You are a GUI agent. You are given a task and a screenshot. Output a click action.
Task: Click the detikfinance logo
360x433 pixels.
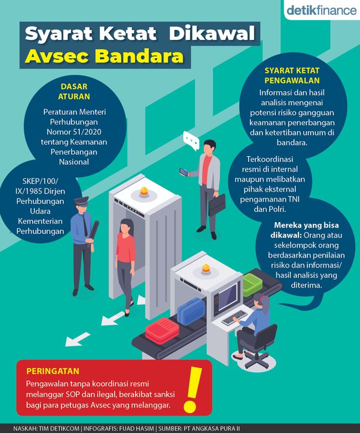point(322,11)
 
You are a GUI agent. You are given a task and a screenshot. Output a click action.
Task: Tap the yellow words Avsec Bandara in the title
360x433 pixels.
point(104,56)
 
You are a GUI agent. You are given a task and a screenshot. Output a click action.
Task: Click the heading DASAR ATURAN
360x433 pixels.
point(74,91)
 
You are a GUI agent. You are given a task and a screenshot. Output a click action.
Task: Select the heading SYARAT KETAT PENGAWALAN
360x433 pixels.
point(292,75)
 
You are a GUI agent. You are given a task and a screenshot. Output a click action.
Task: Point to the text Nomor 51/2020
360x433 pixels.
point(74,132)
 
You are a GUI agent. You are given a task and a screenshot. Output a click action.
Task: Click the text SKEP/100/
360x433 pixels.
point(40,181)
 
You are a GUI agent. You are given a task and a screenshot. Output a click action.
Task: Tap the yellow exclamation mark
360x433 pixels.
point(193,389)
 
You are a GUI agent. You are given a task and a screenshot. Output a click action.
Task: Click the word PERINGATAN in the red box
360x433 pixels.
point(53,371)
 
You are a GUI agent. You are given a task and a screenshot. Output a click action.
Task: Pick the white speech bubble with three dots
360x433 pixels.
point(191,141)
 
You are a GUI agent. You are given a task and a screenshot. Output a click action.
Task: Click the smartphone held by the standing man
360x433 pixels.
point(184,172)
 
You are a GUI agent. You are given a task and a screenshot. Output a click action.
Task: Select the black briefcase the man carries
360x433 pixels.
point(217,205)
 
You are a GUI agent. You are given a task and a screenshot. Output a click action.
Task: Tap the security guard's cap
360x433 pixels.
point(81,201)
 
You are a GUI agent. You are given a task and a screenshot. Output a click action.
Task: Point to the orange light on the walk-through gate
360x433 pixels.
point(144,191)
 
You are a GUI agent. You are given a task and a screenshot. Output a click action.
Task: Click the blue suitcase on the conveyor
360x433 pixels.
point(192,311)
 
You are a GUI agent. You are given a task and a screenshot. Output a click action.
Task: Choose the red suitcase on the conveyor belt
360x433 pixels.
point(162,331)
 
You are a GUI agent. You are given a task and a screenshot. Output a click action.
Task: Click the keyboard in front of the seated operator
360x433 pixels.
point(235,318)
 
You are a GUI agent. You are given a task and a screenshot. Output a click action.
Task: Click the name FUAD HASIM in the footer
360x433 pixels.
point(136,429)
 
